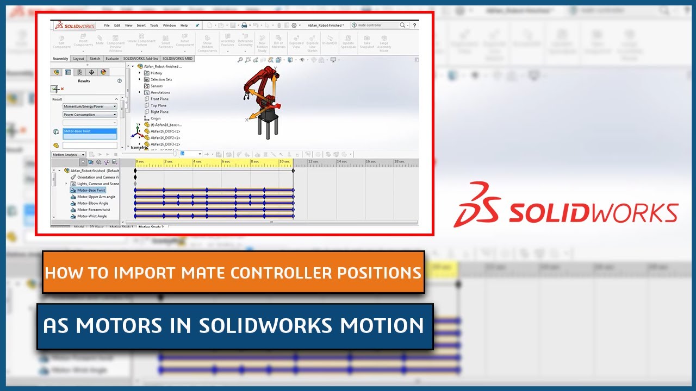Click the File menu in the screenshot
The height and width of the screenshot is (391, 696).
coord(107,26)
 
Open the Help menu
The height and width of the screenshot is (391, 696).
coord(184,26)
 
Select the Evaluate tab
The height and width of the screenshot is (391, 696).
coord(112,59)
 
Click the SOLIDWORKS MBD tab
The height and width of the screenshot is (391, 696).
coord(177,59)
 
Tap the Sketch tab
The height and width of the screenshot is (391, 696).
coord(95,59)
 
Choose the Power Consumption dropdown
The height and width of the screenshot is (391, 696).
coord(90,115)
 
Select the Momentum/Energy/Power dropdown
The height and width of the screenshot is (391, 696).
coord(90,106)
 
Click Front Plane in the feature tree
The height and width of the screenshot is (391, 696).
coord(159,99)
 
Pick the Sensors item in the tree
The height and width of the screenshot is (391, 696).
coord(157,86)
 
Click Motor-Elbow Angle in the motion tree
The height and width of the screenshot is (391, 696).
coord(92,203)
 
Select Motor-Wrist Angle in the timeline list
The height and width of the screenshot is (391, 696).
coord(92,216)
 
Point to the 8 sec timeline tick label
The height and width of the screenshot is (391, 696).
coord(254,162)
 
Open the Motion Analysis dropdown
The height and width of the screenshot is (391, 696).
coord(69,155)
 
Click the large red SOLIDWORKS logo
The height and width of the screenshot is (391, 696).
coord(566,205)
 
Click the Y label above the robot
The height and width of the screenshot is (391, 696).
coord(275,69)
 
